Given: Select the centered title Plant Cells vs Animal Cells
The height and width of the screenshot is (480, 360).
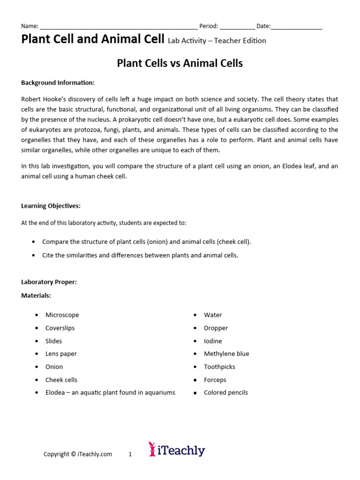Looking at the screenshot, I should (x=180, y=63).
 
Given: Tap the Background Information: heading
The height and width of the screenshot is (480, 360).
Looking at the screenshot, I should (x=58, y=83).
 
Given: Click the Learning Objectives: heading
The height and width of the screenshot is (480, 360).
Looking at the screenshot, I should (x=51, y=206).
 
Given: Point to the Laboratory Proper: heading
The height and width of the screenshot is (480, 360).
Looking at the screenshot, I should (x=49, y=282).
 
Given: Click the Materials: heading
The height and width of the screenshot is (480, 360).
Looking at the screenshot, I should (x=36, y=296).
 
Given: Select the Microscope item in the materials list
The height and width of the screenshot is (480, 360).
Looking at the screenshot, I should (x=62, y=315).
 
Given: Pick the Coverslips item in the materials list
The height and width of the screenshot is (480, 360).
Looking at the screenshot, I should (x=60, y=328).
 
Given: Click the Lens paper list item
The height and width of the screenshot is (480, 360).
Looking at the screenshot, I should (x=61, y=354).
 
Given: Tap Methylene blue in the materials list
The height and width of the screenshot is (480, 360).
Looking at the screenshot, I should (x=226, y=354).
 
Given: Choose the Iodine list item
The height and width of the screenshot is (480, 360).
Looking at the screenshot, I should (x=213, y=341).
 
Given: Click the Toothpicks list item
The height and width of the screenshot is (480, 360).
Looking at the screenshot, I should (x=219, y=367).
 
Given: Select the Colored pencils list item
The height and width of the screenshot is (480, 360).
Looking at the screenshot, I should (x=226, y=393).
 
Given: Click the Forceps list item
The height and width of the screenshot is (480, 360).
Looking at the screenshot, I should (x=215, y=380).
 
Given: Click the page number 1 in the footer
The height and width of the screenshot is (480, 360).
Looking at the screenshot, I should (x=130, y=454).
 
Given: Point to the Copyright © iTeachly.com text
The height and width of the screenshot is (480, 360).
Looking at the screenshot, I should (x=78, y=454).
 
